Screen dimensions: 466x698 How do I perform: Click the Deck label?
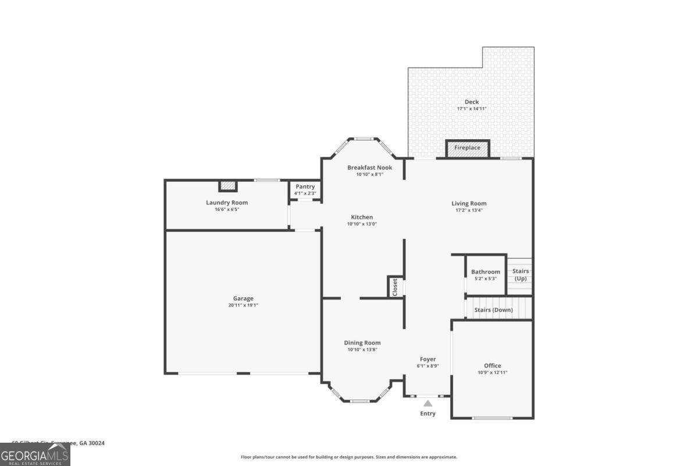click(x=471, y=102)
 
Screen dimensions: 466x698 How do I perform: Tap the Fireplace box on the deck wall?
click(x=467, y=148)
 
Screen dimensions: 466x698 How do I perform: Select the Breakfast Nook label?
click(x=369, y=168)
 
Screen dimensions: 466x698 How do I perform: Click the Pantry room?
click(x=305, y=190)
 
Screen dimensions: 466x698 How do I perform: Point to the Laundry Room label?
click(x=227, y=203)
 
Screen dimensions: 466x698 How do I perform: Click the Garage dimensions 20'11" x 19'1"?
click(x=243, y=305)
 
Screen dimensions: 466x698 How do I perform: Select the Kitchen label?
click(x=362, y=217)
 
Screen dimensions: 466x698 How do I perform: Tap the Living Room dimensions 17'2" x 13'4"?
click(x=469, y=210)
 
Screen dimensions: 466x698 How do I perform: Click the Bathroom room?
click(x=485, y=274)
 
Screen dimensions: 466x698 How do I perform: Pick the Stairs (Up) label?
click(x=520, y=275)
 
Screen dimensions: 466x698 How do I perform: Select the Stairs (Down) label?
click(x=493, y=310)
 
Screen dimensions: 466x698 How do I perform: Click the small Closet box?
click(x=395, y=287)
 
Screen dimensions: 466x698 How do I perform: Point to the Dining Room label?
click(x=362, y=343)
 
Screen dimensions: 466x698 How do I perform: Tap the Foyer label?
click(x=428, y=359)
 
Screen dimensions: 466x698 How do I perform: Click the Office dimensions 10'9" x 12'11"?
click(x=492, y=373)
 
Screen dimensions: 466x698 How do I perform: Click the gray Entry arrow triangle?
click(x=428, y=403)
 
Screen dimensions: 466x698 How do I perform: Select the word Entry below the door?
click(x=428, y=414)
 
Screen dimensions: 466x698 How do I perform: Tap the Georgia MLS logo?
click(x=35, y=454)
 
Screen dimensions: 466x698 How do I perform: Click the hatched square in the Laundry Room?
click(x=229, y=186)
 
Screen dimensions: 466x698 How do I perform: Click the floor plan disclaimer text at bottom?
click(x=349, y=457)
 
